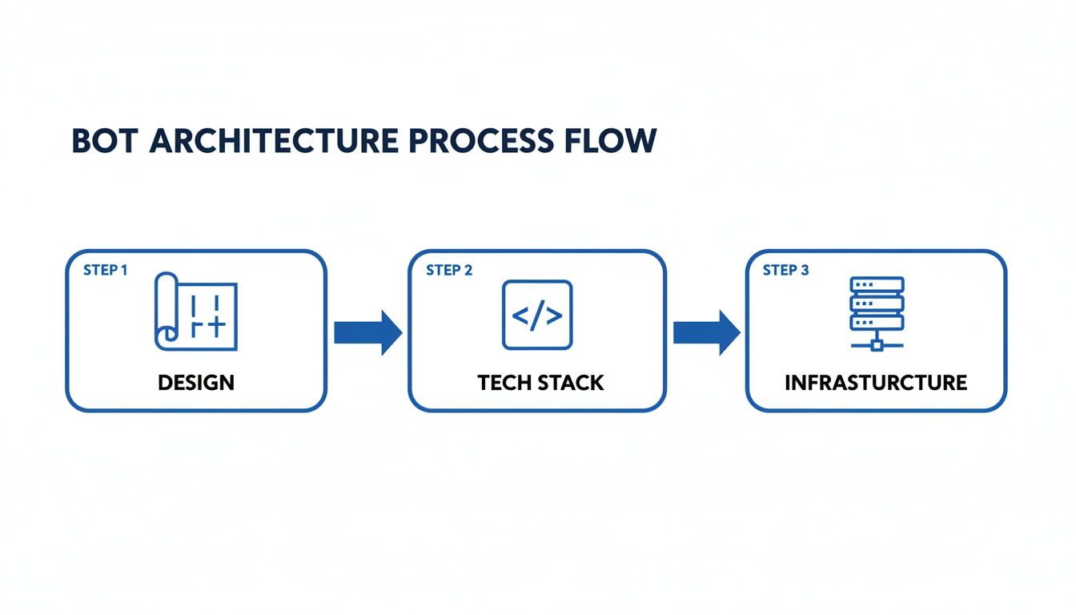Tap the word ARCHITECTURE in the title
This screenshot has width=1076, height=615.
274,140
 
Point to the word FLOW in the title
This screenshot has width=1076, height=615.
610,140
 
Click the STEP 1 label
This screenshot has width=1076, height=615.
105,270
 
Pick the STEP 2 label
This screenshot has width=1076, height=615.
449,270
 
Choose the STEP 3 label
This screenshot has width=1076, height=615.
785,270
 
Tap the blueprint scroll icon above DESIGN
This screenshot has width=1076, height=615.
195,311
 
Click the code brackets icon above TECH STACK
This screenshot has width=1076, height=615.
537,315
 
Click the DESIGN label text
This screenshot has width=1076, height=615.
196,383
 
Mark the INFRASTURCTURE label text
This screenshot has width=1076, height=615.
876,383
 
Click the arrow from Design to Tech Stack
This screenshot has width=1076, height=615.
367,332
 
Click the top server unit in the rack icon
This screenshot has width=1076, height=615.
877,285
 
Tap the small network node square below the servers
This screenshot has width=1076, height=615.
877,345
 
